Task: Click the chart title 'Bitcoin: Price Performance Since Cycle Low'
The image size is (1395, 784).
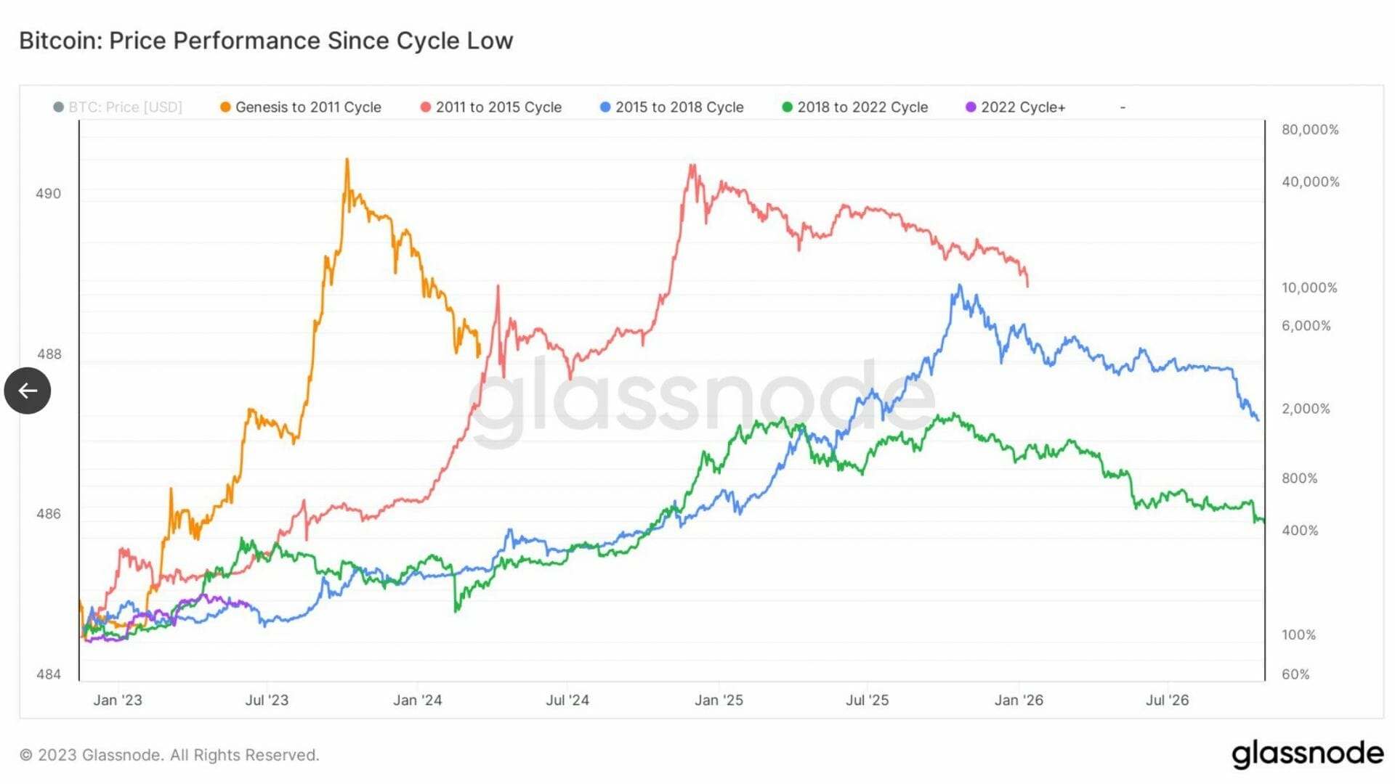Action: (x=266, y=41)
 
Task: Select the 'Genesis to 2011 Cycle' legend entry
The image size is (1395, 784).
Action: (x=300, y=107)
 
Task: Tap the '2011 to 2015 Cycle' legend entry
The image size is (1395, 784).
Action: (x=491, y=107)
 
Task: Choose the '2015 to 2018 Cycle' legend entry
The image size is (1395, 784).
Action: (x=671, y=107)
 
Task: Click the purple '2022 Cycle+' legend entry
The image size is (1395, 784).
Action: (x=1015, y=107)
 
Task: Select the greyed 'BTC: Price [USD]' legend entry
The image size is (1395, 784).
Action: (x=118, y=107)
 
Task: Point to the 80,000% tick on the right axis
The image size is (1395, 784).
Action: (x=1309, y=130)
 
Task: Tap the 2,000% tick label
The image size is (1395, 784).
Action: (x=1305, y=409)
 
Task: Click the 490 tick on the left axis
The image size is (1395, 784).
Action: (x=49, y=194)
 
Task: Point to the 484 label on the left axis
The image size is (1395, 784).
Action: (x=49, y=674)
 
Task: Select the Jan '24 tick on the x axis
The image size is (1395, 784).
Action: (x=417, y=701)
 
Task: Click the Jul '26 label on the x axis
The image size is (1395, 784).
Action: (x=1167, y=701)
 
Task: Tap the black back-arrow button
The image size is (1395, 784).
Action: (x=28, y=391)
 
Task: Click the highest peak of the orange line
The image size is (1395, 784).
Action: (x=347, y=160)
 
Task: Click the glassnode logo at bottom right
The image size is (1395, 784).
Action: (x=1307, y=755)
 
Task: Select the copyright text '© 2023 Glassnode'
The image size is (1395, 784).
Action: (x=169, y=755)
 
